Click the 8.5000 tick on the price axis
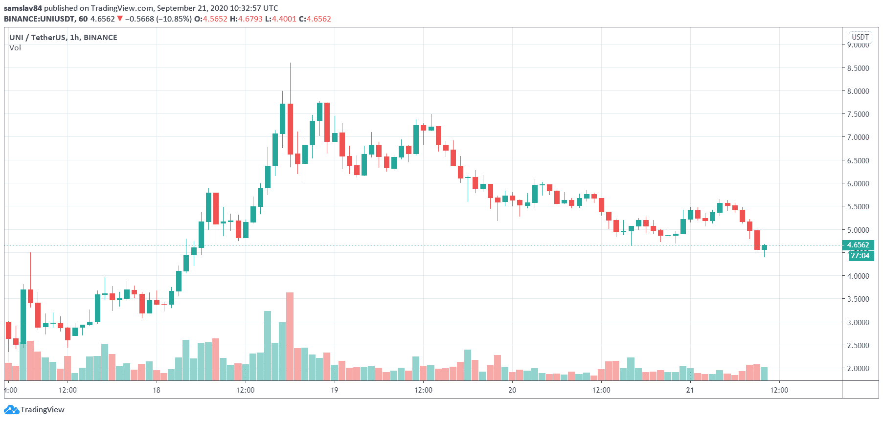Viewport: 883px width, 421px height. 858,68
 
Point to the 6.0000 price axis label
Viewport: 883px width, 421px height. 858,183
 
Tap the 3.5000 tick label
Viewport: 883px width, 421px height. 858,299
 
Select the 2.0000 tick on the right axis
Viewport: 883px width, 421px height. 858,368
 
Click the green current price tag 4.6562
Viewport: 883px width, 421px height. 858,245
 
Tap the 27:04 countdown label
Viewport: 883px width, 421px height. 860,256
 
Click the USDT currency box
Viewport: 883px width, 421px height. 860,37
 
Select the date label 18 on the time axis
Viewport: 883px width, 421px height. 157,390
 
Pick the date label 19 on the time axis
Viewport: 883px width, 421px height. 334,390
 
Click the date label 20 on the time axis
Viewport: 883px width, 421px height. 512,390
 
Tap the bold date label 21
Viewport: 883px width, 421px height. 690,390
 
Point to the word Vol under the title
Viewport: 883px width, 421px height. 15,48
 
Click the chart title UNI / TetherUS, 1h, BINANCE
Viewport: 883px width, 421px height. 63,37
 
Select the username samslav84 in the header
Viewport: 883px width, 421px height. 23,8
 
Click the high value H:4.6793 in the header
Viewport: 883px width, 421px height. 246,19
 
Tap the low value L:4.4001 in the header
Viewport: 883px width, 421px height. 280,19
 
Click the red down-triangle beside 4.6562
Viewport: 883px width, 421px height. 120,19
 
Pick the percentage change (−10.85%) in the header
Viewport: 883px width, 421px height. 174,19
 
